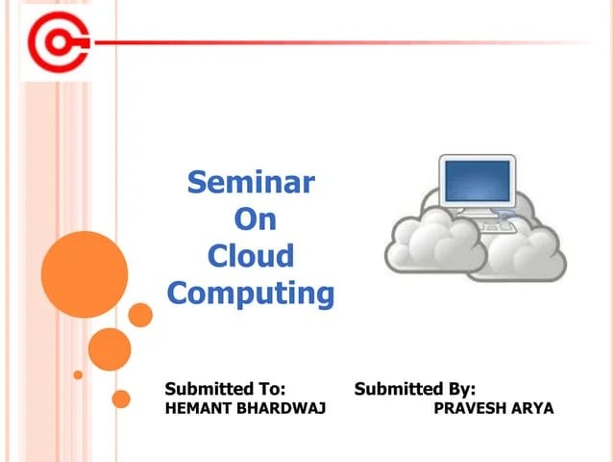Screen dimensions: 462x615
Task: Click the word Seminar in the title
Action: (x=250, y=182)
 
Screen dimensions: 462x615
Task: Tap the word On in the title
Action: (x=256, y=219)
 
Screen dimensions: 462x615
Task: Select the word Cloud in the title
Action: (x=250, y=256)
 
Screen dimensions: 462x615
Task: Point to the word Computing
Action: (x=250, y=293)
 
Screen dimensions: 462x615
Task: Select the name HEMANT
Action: (x=200, y=408)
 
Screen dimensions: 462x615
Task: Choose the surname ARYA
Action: (x=534, y=408)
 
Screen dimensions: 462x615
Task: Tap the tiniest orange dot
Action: (x=78, y=374)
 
